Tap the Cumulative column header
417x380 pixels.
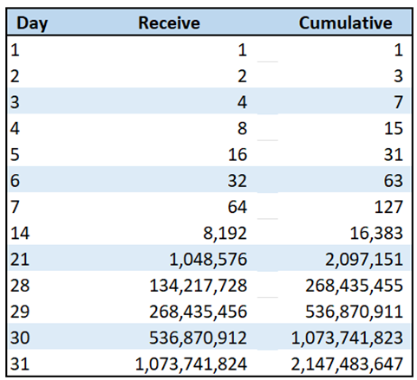tap(345, 23)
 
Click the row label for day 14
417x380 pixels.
tap(18, 232)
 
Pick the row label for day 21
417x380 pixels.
tap(18, 258)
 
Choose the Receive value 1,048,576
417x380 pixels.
tap(209, 258)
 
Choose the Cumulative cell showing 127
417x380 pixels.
tap(388, 207)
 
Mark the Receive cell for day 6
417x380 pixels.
tap(237, 181)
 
